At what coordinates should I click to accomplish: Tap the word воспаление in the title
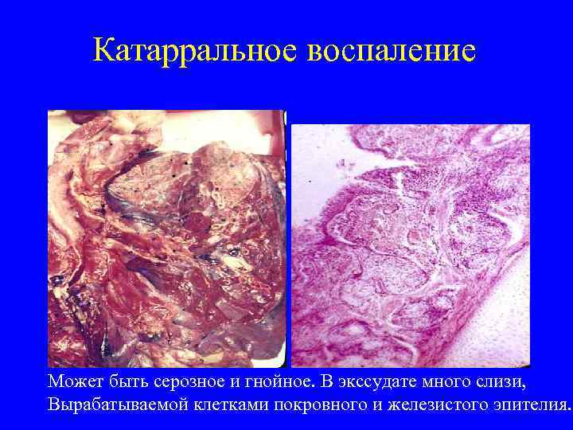tap(391, 51)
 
